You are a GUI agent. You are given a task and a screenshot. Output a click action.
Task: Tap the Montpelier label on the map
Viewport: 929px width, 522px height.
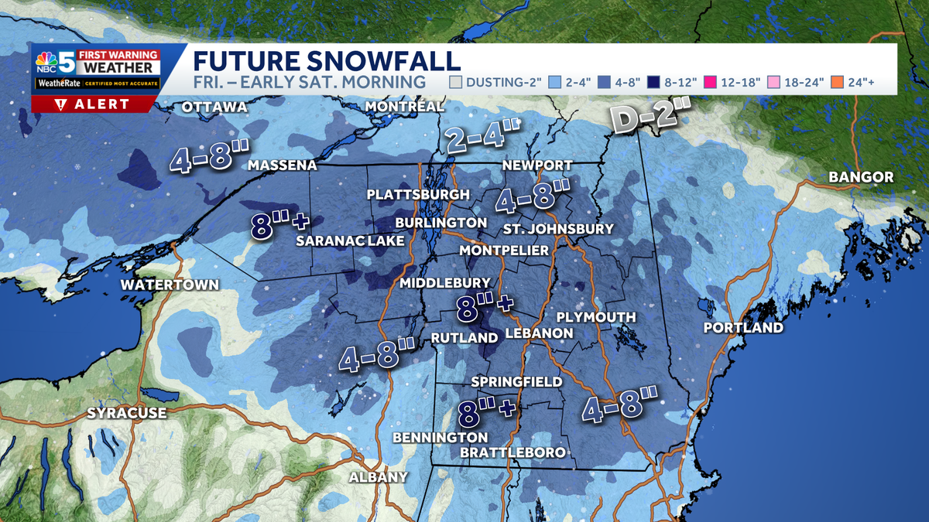(504, 251)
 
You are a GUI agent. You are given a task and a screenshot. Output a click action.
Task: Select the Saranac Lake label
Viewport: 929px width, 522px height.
(351, 241)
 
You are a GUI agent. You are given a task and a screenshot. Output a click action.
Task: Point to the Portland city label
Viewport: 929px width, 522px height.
(743, 328)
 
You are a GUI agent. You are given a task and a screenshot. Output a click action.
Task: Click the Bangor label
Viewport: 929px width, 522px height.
(861, 177)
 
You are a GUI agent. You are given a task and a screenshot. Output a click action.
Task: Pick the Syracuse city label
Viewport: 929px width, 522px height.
(126, 413)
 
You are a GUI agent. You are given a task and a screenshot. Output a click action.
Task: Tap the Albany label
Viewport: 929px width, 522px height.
(378, 477)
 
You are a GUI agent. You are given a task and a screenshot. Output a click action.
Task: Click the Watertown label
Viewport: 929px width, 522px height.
(170, 285)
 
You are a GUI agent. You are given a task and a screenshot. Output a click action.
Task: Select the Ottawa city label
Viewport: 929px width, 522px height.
(214, 107)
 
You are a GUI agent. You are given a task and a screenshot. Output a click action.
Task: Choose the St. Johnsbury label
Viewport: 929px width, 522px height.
(557, 229)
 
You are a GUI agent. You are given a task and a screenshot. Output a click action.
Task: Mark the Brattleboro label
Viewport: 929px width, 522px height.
(512, 452)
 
